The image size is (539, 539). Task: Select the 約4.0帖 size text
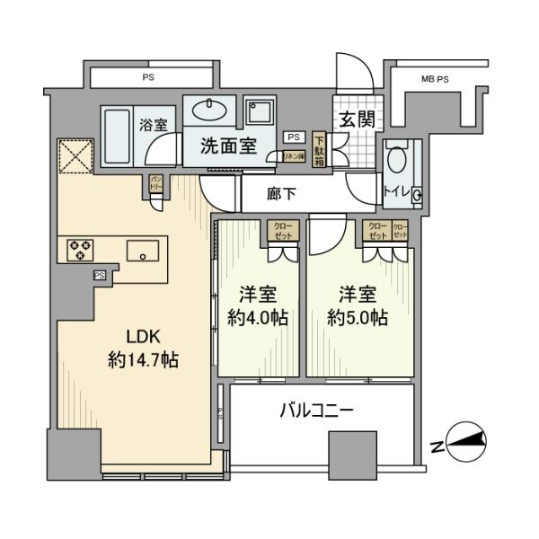click(258, 316)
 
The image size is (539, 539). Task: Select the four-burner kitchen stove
click(79, 250)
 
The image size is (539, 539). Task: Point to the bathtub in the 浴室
click(118, 136)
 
